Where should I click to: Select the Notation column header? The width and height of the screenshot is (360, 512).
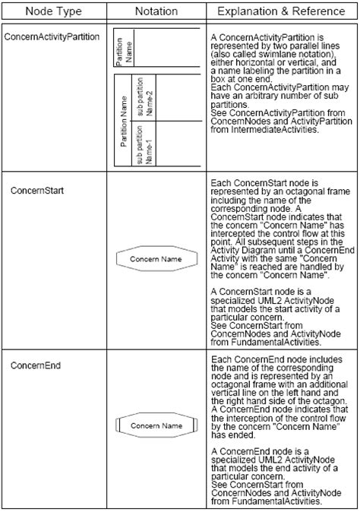point(156,12)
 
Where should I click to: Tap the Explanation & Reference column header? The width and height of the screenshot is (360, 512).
point(282,12)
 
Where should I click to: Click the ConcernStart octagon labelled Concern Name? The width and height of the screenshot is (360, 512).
point(156,259)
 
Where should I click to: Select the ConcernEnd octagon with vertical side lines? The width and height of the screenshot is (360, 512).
point(156,425)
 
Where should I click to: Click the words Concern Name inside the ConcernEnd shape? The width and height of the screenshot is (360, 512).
point(156,425)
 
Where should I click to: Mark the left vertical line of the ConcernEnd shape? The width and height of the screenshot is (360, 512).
point(118,425)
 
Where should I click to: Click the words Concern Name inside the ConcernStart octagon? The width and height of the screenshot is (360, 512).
point(156,259)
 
